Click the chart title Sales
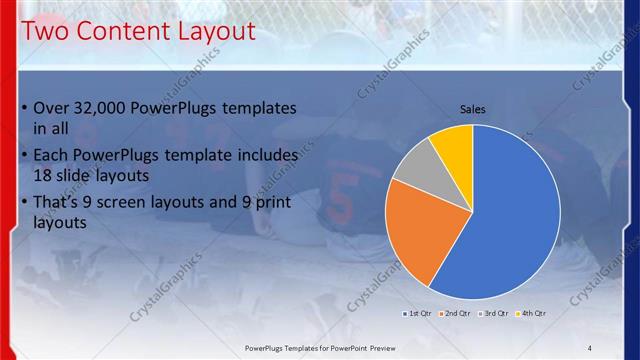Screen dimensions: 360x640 pyautogui.click(x=473, y=108)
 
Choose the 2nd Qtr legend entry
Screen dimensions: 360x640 pyautogui.click(x=457, y=314)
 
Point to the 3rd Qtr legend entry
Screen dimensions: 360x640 pyautogui.click(x=495, y=314)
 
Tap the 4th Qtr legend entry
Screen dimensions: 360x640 pyautogui.click(x=533, y=314)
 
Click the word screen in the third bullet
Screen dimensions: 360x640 pyautogui.click(x=135, y=202)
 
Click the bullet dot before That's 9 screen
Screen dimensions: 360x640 pyautogui.click(x=24, y=203)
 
